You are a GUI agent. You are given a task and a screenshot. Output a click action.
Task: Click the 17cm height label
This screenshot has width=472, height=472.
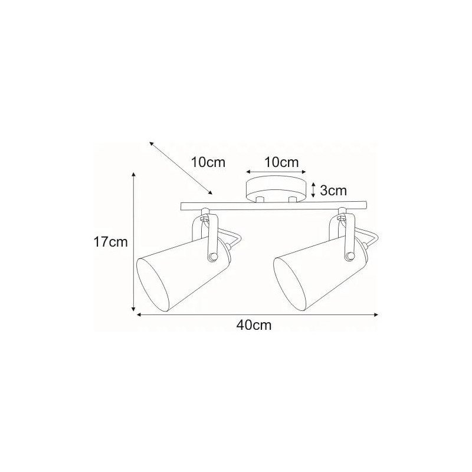click(111, 242)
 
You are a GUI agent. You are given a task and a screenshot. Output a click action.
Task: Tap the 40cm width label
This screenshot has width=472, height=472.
click(254, 325)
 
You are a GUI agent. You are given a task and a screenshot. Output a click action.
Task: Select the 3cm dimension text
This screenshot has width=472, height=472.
click(333, 191)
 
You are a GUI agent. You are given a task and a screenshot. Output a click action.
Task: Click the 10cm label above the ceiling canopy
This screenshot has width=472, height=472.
click(281, 163)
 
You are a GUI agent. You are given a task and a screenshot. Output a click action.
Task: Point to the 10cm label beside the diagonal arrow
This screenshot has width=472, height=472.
click(208, 163)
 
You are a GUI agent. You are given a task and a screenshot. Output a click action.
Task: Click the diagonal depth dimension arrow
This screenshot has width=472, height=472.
click(181, 168)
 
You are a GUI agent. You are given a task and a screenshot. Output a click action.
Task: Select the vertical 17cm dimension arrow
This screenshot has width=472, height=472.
click(134, 242)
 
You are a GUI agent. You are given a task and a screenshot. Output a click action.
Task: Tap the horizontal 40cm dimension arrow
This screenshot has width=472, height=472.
click(257, 315)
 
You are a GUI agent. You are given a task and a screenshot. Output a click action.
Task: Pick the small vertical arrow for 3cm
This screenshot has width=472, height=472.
click(313, 190)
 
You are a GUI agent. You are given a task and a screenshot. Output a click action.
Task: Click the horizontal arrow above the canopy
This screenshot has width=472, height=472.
click(276, 172)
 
